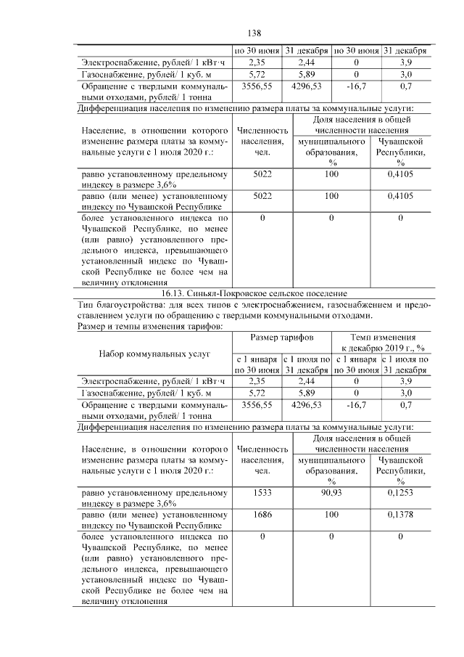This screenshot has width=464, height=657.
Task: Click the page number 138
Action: [x=254, y=33]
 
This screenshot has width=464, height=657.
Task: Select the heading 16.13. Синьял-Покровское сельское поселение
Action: [x=254, y=293]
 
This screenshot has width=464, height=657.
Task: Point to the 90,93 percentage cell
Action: [x=331, y=493]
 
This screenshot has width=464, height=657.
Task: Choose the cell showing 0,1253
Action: [x=400, y=493]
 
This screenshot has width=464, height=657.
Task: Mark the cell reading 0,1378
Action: [x=400, y=513]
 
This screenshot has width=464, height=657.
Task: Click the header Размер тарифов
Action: [x=282, y=338]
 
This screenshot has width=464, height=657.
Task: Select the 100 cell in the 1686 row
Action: [x=331, y=513]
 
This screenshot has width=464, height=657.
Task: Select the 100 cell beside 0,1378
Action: [x=331, y=513]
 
